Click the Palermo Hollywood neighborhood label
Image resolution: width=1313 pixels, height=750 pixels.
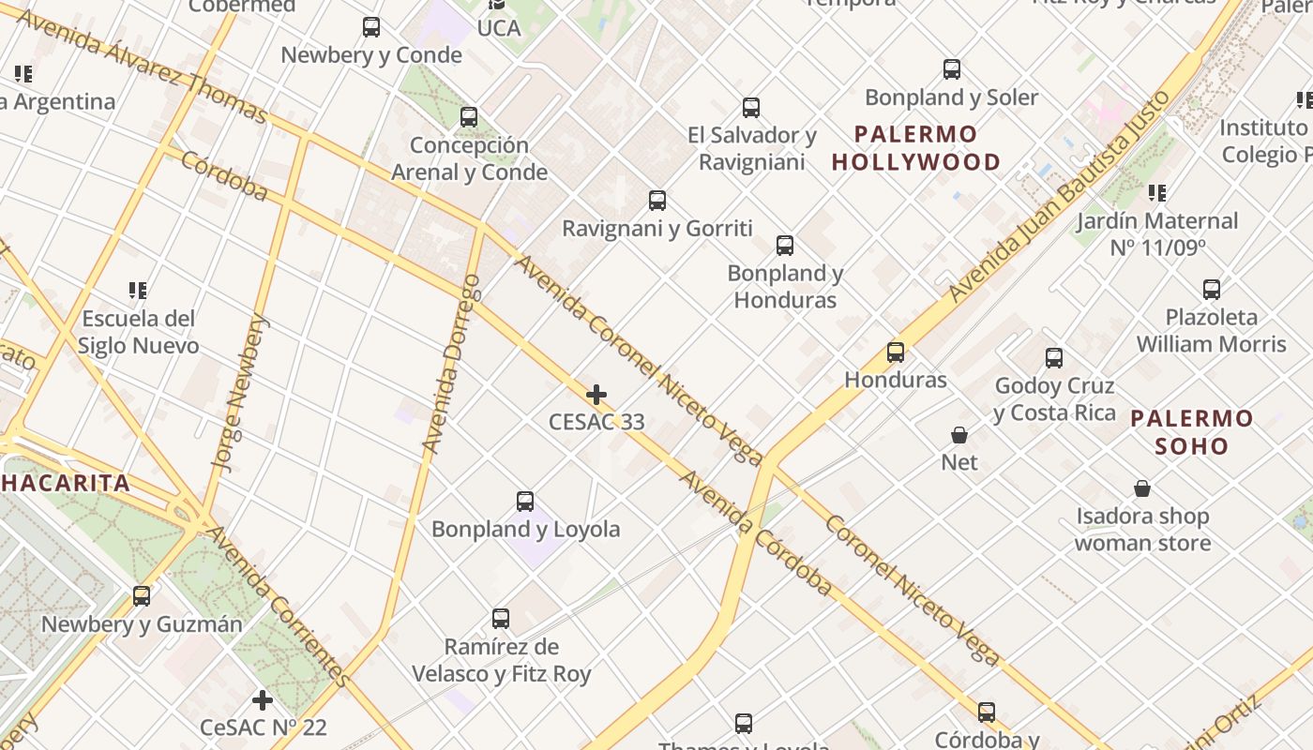pos(915,148)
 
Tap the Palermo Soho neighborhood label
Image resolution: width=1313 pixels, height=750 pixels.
pos(1191,432)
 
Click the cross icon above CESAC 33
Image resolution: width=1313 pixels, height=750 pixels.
pos(596,395)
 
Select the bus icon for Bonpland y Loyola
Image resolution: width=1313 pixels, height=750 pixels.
pos(525,502)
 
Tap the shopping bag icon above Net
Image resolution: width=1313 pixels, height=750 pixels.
pos(959,435)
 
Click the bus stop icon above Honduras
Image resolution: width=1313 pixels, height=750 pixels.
pos(896,352)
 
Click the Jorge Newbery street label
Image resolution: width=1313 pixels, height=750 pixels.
pos(240,392)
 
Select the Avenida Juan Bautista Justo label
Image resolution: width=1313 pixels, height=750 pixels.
pos(1060,196)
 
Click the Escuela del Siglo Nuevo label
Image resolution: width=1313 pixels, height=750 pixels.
pos(138,332)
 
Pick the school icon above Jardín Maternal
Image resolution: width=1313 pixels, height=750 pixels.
pos(1157,193)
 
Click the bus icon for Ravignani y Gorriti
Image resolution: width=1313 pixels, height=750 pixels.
pos(657,201)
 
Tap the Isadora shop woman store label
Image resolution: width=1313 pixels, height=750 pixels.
pos(1142,530)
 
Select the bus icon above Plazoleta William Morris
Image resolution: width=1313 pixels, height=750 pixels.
pos(1212,290)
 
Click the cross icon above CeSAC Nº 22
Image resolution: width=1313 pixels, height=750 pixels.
pos(263,700)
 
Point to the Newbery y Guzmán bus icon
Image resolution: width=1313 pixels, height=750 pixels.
pos(142,596)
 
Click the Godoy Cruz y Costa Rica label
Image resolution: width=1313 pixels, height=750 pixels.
pos(1054,399)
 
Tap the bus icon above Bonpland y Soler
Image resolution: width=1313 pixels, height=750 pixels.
pos(952,69)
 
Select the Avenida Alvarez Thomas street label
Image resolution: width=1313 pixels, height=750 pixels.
pos(141,67)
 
